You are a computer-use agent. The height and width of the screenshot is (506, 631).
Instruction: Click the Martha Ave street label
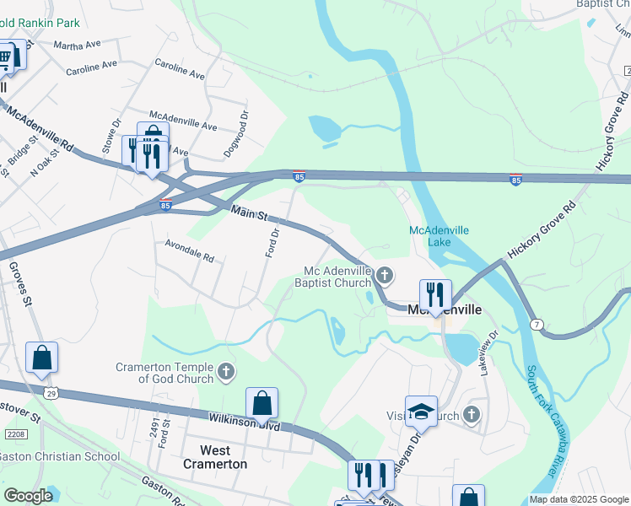(77, 44)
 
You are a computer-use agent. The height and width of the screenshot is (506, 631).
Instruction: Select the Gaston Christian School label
(59, 456)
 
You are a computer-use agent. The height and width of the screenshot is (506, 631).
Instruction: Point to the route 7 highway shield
(537, 324)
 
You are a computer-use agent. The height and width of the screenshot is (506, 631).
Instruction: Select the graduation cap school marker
(421, 412)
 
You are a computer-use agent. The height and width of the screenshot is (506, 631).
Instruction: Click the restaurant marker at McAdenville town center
(435, 295)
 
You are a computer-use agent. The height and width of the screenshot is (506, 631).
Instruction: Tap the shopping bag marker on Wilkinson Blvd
(262, 403)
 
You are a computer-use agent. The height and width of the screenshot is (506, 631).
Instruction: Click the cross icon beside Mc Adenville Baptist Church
(385, 274)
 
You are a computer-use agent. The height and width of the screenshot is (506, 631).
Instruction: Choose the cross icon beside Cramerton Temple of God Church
(225, 370)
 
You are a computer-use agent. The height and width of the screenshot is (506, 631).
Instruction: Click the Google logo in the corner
(29, 496)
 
